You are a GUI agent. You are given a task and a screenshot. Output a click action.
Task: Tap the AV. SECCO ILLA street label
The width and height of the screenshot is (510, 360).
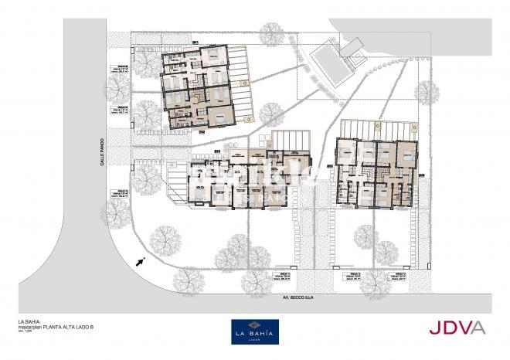pyautogui.click(x=281, y=296)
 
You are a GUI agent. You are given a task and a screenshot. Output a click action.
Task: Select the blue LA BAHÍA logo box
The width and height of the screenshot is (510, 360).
pyautogui.click(x=255, y=331)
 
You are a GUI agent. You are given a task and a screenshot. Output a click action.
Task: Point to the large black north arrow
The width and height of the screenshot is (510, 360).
pyautogui.click(x=141, y=262)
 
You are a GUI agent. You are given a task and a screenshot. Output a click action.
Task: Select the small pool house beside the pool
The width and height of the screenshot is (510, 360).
pyautogui.click(x=355, y=48)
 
